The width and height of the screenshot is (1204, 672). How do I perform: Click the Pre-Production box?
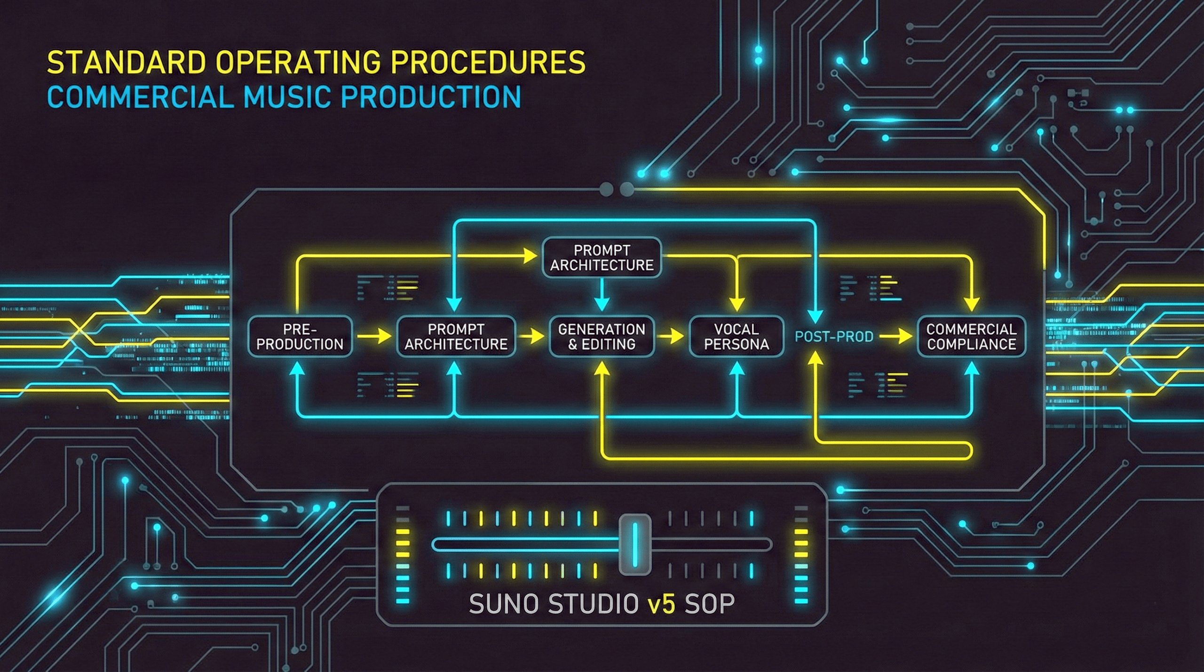point(300,336)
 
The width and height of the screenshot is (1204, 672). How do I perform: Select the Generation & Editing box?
point(602,336)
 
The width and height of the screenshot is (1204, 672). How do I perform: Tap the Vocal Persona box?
point(736,336)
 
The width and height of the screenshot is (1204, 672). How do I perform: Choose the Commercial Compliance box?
point(971,336)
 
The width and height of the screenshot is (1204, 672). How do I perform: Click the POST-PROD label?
point(834,337)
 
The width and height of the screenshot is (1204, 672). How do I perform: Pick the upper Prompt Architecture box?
point(602,257)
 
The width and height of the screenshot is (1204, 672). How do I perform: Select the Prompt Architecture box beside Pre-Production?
point(456,336)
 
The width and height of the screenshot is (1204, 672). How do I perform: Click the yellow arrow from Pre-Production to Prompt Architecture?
point(374,336)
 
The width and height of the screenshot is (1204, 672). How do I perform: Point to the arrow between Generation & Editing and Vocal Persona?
point(671,336)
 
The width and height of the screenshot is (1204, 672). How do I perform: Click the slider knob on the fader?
point(635,545)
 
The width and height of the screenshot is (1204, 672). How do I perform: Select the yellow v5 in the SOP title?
point(662,604)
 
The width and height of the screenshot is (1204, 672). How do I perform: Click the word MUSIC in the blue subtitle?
point(287,97)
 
